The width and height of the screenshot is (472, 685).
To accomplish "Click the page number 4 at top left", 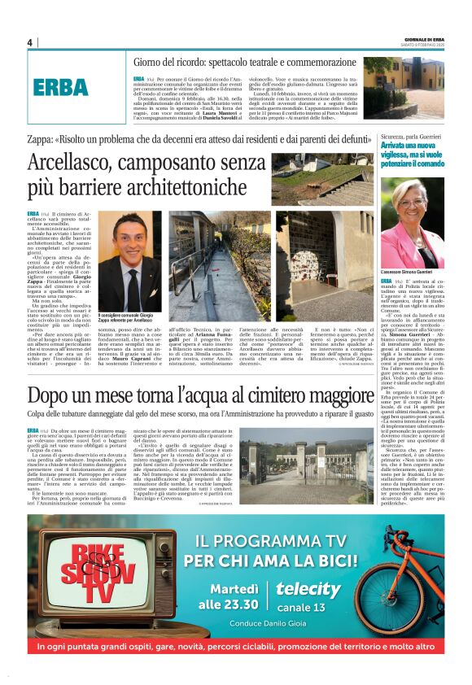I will point(29,42).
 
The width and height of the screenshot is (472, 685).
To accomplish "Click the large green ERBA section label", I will point(59,88).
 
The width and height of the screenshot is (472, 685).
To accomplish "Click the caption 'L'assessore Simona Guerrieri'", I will point(428,271).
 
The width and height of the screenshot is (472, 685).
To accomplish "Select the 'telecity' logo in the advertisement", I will point(308,589).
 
